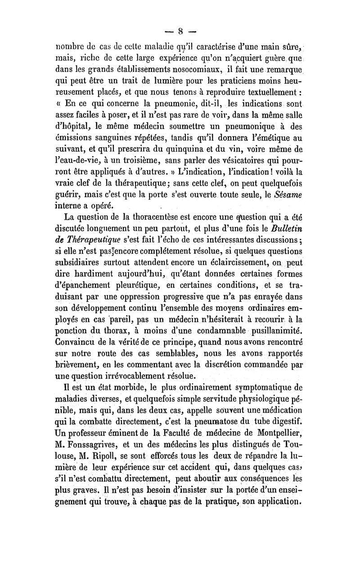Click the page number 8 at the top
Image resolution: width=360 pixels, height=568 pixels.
click(x=180, y=31)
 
